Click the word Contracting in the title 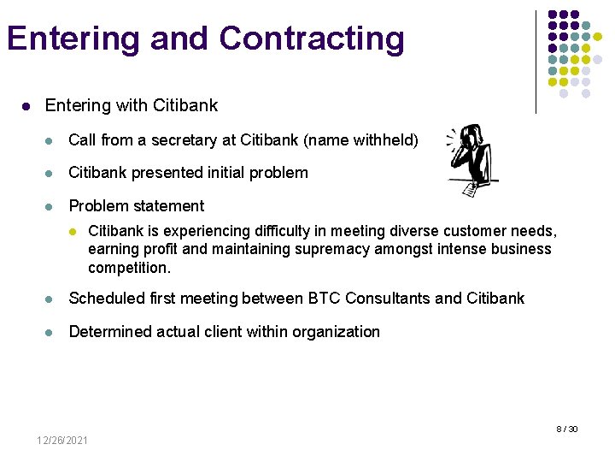coord(311,39)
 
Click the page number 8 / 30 coord(567,429)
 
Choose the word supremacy coord(332,249)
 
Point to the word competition coord(128,268)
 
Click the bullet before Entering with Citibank coord(26,106)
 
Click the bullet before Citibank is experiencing coord(73,232)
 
